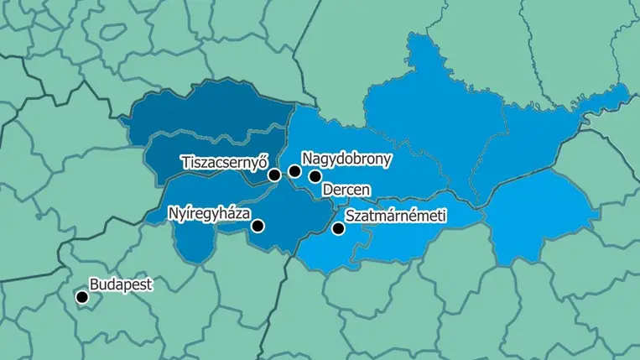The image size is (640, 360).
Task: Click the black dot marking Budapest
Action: (x=82, y=297)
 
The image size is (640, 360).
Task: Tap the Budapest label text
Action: (x=122, y=284)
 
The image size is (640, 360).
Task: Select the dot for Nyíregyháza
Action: (x=258, y=226)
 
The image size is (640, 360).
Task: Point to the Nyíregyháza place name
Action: (x=209, y=213)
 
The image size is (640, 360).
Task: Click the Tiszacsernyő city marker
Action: (x=274, y=175)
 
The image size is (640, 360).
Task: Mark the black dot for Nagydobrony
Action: (x=294, y=171)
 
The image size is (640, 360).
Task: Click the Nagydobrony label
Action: (x=346, y=158)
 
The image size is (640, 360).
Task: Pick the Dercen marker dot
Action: (x=315, y=176)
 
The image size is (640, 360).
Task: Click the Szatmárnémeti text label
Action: (x=394, y=217)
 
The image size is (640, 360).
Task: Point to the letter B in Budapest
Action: (x=94, y=284)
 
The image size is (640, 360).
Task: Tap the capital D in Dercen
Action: (x=327, y=190)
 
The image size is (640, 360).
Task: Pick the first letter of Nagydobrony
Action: (x=308, y=158)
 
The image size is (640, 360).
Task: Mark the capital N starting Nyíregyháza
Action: (x=173, y=212)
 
